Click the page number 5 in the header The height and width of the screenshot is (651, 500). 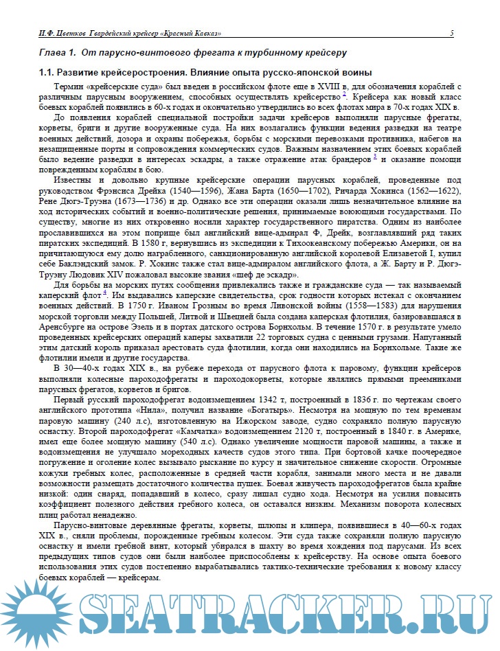point(451,33)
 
